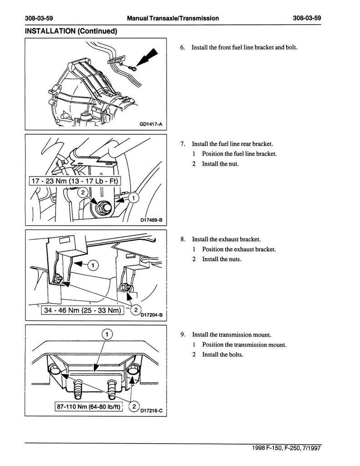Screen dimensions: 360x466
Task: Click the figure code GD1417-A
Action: (151, 124)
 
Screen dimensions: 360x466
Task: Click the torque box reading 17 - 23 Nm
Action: (75, 181)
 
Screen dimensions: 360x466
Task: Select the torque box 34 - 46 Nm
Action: (82, 310)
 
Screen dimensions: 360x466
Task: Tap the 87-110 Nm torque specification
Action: (88, 406)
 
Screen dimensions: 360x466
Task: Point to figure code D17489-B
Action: (151, 220)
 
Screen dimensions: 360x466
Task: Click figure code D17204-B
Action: (152, 315)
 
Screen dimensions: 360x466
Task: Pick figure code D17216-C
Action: (152, 411)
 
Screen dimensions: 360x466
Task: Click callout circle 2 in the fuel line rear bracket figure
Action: (83, 192)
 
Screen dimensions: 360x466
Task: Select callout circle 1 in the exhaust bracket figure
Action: (93, 265)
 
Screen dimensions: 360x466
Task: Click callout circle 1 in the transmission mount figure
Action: (106, 334)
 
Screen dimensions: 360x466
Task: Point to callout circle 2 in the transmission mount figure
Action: (134, 406)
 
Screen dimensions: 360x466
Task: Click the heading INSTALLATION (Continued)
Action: (71, 31)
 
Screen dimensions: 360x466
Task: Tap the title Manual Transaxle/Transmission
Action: (173, 18)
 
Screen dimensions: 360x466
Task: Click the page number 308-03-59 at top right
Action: (307, 18)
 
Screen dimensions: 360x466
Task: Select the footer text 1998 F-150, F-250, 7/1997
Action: (286, 448)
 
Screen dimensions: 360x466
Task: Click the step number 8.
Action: (183, 239)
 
